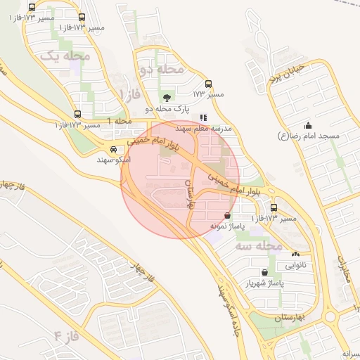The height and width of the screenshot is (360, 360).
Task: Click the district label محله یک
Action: click(61, 55)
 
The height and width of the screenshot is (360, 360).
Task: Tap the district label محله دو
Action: click(162, 70)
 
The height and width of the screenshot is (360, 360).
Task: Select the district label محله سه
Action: click(259, 246)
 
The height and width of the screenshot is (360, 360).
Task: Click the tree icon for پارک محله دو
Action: click(167, 98)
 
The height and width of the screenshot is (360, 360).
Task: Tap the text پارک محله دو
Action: click(167, 109)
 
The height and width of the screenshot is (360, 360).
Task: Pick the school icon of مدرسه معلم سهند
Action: click(203, 118)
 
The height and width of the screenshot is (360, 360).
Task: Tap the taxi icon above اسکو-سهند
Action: click(113, 149)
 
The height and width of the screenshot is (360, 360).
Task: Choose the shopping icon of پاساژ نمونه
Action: click(226, 216)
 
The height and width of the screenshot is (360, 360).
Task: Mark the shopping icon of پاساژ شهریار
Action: click(264, 272)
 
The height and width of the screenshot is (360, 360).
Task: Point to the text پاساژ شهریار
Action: click(264, 283)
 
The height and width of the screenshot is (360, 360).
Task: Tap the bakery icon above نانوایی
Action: click(295, 255)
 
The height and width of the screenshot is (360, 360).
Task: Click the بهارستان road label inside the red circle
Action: click(188, 191)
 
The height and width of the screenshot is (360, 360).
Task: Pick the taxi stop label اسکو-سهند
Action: click(113, 160)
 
